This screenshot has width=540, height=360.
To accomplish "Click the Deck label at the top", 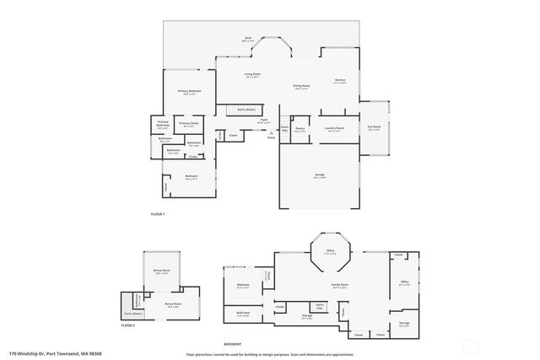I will (249, 38).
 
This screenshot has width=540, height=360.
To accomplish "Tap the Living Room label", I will (251, 75).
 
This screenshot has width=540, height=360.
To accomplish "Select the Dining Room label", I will (301, 85).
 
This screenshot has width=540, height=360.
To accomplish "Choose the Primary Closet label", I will (189, 124).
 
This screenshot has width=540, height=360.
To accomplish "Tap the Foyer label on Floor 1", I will (264, 121).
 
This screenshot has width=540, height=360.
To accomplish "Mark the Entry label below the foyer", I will (271, 137).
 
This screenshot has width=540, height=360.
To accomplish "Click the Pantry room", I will (300, 129).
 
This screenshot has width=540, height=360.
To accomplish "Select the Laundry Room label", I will (334, 129).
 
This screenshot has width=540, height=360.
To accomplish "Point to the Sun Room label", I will (374, 128).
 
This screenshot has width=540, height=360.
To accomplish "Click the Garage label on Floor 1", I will (320, 175).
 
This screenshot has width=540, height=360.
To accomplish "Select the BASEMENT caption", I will (232, 344).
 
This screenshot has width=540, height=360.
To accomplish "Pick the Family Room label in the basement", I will (339, 285).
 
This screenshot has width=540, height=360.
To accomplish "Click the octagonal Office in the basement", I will (331, 250).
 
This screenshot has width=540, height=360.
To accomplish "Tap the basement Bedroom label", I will (243, 285).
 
